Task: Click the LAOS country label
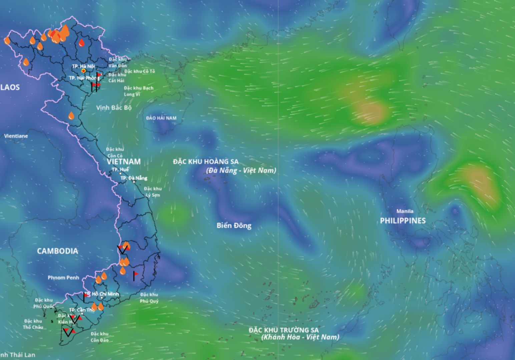(10, 87)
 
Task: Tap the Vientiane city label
(16, 136)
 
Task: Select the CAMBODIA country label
(57, 251)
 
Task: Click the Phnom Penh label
(63, 278)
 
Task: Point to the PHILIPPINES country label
(403, 221)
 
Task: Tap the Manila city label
(405, 211)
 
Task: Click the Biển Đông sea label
(234, 226)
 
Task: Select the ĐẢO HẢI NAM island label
(161, 118)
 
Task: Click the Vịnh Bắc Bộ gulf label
(114, 108)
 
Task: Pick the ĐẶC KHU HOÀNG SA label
(206, 162)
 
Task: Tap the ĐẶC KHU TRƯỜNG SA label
(284, 330)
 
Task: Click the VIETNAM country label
(124, 162)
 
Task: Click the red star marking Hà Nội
(83, 71)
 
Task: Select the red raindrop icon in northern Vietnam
(82, 43)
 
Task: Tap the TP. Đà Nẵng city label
(133, 178)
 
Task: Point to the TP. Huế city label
(120, 170)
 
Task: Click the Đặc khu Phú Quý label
(149, 298)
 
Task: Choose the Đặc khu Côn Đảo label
(99, 337)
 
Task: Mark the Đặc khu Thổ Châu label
(33, 324)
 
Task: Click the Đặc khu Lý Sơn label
(153, 192)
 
